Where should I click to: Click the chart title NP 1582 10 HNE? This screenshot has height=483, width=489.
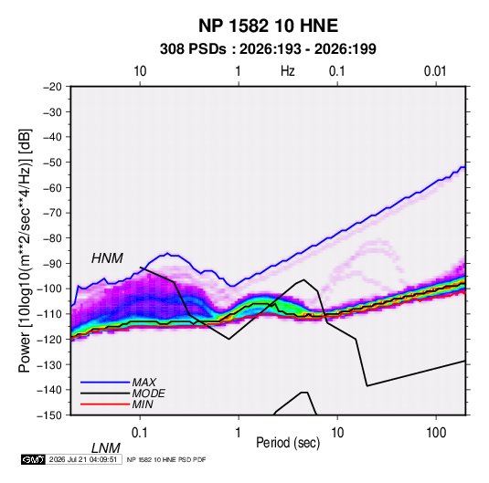pos(268,26)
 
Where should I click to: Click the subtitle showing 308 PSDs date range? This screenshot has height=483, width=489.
pos(268,49)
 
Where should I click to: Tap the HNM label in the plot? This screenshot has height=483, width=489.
pos(107,258)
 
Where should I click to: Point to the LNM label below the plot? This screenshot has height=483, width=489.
pos(106,448)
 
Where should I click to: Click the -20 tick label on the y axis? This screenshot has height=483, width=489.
pos(52,87)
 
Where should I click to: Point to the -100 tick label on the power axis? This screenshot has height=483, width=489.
pos(49,289)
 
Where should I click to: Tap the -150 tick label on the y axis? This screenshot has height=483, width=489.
pos(49,415)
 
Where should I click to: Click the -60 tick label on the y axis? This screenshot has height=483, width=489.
pos(52,187)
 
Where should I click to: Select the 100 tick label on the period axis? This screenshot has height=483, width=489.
pos(436,433)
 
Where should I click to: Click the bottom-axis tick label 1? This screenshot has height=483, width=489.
pos(239,433)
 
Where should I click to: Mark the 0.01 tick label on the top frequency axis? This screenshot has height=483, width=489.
pos(435,71)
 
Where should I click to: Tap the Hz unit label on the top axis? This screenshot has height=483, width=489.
pos(288,71)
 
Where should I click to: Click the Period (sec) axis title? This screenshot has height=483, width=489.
pos(288,443)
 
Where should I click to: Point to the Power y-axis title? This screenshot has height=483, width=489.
pos(25,250)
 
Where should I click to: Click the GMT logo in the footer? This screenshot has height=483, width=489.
pos(33,459)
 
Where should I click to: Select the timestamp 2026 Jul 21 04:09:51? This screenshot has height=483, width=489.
pos(83,459)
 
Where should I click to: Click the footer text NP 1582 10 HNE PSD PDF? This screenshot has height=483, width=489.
pos(166,459)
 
